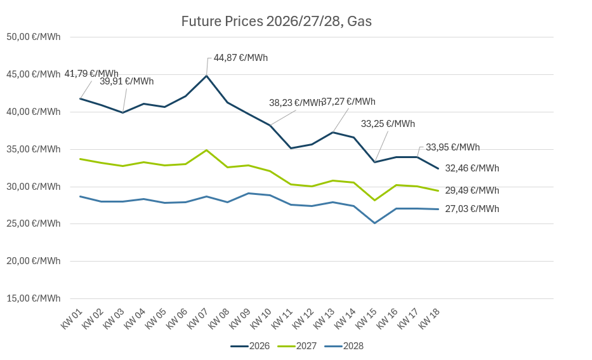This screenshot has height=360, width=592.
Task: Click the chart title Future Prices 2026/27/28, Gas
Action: (276, 22)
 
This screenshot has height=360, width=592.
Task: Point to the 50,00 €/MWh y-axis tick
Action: (33, 37)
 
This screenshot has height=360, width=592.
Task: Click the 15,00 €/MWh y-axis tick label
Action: (33, 298)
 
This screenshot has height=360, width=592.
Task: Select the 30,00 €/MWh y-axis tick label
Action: (33, 187)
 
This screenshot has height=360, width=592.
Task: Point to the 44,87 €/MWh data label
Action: (240, 58)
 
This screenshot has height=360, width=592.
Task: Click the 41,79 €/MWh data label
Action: (91, 74)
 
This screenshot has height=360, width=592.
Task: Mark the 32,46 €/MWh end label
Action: (472, 168)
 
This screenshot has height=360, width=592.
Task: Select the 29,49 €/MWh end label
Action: (472, 190)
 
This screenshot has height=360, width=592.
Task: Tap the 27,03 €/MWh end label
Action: (472, 209)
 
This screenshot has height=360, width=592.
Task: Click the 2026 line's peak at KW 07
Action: (207, 76)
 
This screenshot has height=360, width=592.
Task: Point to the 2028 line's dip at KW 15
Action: (375, 223)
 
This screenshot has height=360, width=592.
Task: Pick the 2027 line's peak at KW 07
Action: (207, 150)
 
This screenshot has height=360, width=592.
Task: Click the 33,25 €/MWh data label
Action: (388, 124)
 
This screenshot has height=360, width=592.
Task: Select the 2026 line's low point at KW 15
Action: (375, 162)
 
